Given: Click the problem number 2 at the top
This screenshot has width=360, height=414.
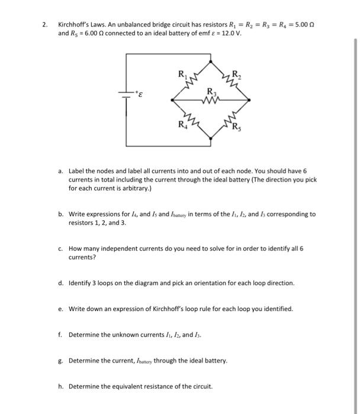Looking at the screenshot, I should point(44,25).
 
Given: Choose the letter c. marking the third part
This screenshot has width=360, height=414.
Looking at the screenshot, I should point(61,249).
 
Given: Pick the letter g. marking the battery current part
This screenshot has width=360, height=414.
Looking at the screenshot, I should point(61,360).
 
